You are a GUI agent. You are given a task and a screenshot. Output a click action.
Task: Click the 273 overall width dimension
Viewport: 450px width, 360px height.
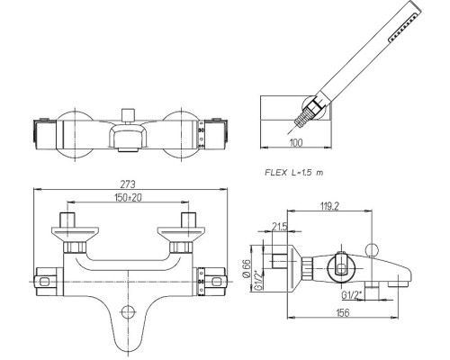pyautogui.click(x=128, y=184)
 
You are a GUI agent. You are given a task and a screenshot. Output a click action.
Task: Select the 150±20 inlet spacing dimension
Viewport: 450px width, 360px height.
pyautogui.click(x=128, y=197)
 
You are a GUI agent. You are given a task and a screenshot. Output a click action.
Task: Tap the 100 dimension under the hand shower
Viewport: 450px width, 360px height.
pyautogui.click(x=296, y=142)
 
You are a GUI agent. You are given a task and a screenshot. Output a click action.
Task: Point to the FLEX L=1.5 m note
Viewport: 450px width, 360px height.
pyautogui.click(x=294, y=173)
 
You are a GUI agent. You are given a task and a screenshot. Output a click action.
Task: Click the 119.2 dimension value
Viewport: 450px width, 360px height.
pyautogui.click(x=329, y=206)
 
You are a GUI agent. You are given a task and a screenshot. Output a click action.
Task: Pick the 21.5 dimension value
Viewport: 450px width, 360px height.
pyautogui.click(x=280, y=227)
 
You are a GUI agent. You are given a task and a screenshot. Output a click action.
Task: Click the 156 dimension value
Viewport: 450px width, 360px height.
pyautogui.click(x=343, y=312)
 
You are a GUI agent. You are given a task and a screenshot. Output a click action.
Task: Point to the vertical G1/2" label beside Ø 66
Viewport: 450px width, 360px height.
pyautogui.click(x=257, y=280)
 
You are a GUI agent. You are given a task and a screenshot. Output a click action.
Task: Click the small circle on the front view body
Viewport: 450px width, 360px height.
pyautogui.click(x=128, y=312)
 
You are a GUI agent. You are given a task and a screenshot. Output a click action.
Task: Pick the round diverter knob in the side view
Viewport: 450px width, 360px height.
pyautogui.click(x=372, y=249)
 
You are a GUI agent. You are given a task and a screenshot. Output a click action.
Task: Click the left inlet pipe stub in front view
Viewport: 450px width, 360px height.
pyautogui.click(x=67, y=220)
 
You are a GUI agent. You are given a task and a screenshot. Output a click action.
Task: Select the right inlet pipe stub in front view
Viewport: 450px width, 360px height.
pyautogui.click(x=189, y=220)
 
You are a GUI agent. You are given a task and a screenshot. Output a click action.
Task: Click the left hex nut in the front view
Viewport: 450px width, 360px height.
pyautogui.click(x=75, y=247)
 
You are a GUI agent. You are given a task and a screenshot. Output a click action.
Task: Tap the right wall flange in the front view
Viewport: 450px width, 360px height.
pyautogui.click(x=181, y=234)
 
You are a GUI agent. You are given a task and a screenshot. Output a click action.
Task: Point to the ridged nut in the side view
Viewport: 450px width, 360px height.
pyautogui.click(x=307, y=268)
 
